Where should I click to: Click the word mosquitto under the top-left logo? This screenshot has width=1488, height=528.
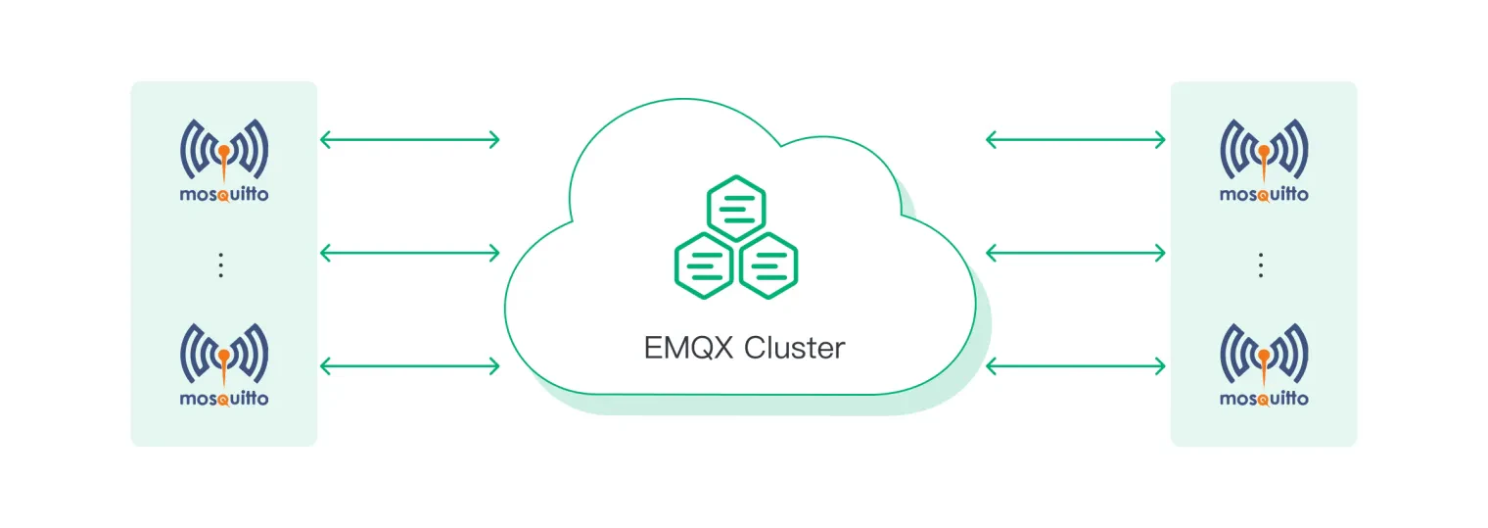[224, 194]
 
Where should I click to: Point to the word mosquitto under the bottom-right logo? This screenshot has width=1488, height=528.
[1264, 399]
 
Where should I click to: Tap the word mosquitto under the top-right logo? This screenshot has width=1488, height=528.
[1264, 194]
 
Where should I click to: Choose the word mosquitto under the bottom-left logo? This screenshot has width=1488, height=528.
[224, 399]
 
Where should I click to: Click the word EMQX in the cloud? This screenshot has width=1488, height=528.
[688, 348]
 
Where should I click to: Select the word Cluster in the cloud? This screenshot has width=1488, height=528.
[795, 348]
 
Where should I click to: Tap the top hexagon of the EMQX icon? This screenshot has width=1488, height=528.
[736, 208]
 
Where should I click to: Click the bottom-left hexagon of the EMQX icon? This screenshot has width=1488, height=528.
[704, 265]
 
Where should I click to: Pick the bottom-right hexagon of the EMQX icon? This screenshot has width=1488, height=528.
[768, 265]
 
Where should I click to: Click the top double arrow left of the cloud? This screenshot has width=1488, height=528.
[410, 140]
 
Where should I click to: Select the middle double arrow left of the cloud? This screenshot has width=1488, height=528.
[410, 253]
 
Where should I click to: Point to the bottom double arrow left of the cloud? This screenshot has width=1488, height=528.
[410, 365]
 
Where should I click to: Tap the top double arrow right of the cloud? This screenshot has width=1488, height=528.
[1076, 140]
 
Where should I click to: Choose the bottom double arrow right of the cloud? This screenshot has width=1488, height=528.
[1076, 365]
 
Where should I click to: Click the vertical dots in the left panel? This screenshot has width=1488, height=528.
[220, 265]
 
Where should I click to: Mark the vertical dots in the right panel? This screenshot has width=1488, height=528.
[1260, 265]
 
